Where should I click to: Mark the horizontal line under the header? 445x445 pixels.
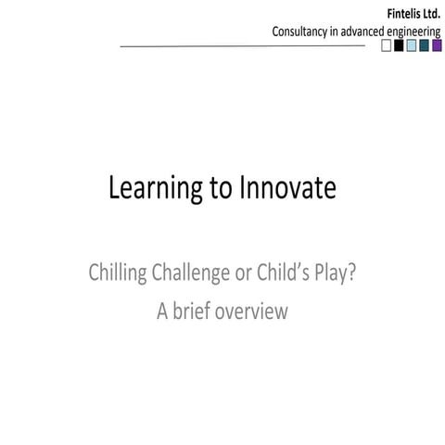[x=241, y=45]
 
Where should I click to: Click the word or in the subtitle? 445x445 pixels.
[x=244, y=273]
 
